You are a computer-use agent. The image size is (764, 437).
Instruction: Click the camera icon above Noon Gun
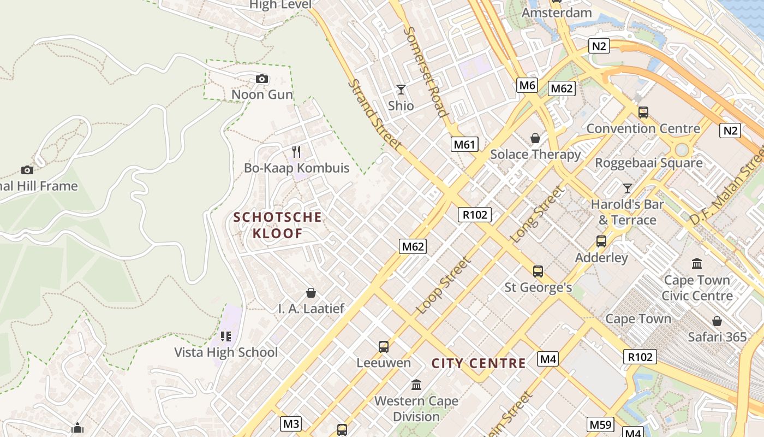[262, 79]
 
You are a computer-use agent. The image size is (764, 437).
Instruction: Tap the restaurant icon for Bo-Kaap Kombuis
[296, 151]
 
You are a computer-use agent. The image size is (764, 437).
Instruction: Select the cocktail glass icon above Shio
[401, 89]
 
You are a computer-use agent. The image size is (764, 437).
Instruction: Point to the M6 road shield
[527, 85]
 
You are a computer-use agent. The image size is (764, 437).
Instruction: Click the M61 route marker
[464, 144]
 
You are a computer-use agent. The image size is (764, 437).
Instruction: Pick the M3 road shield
[291, 423]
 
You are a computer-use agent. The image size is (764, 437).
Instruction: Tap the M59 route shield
[601, 424]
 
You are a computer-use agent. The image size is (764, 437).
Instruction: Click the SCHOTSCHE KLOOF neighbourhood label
[278, 225]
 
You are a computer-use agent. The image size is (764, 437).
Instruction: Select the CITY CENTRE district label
[479, 363]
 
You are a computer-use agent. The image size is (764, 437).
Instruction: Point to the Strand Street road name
[375, 115]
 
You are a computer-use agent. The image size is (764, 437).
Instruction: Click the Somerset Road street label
[426, 71]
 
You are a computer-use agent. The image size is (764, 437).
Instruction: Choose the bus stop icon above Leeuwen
[384, 346]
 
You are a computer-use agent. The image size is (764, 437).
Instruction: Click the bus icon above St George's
[538, 271]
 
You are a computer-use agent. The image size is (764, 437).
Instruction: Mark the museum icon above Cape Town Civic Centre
[697, 264]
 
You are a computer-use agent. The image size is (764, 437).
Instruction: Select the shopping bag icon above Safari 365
[717, 321]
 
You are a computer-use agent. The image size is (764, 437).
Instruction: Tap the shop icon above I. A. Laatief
[311, 293]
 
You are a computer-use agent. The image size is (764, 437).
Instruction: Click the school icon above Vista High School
[226, 336]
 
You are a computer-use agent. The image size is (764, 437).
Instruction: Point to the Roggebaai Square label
[648, 163]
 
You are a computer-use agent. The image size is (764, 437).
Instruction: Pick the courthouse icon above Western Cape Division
[416, 385]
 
